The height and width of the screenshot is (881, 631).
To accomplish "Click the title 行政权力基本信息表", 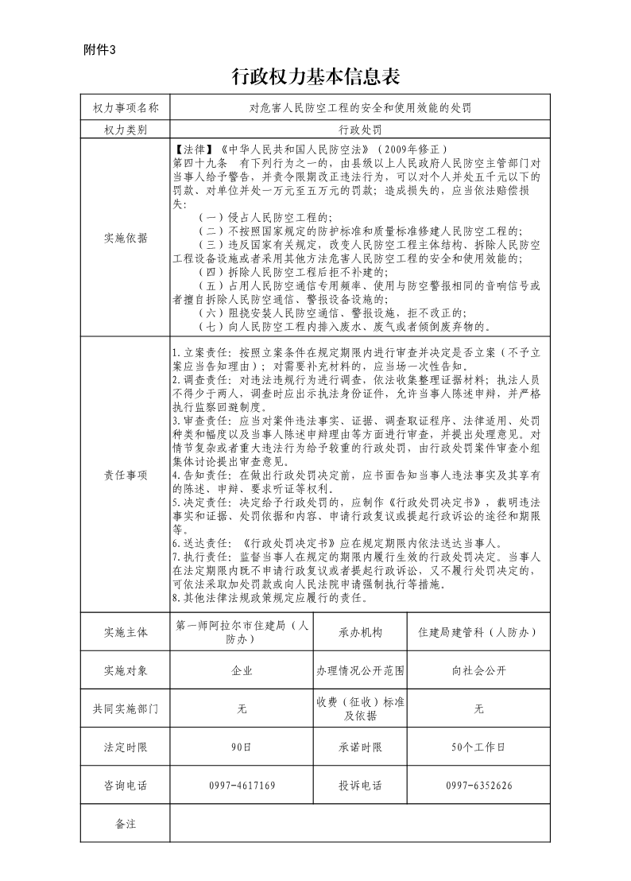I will pos(315,76).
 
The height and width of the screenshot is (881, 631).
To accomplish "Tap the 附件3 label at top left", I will pos(99,50).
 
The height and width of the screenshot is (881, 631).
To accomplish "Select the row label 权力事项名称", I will pos(126,107).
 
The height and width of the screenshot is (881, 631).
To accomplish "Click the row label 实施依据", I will pos(126,237).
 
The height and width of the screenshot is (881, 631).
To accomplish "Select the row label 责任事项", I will pos(126,475).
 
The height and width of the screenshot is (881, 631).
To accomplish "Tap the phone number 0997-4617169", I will pos(242,786).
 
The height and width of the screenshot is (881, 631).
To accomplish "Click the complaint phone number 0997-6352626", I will pos(478,786).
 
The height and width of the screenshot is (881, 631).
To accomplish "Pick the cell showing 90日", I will pos(242,747).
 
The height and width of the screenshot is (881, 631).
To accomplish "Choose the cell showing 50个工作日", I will pos(478,747).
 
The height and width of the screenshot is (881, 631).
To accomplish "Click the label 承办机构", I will pos(360,632).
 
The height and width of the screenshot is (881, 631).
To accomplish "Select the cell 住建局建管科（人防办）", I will pos(478,632).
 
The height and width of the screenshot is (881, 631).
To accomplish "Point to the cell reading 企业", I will pos(242,671).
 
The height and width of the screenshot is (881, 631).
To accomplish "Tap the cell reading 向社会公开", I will pos(478,671).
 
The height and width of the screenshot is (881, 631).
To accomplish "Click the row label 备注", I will pos(126,824).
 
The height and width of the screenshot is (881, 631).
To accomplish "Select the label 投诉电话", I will pos(360,786).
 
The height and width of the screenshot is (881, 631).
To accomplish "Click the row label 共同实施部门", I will pos(126,709).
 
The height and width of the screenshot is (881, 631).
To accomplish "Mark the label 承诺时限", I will pos(360,747).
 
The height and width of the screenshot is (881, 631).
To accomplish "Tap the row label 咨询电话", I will pos(126,786).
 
